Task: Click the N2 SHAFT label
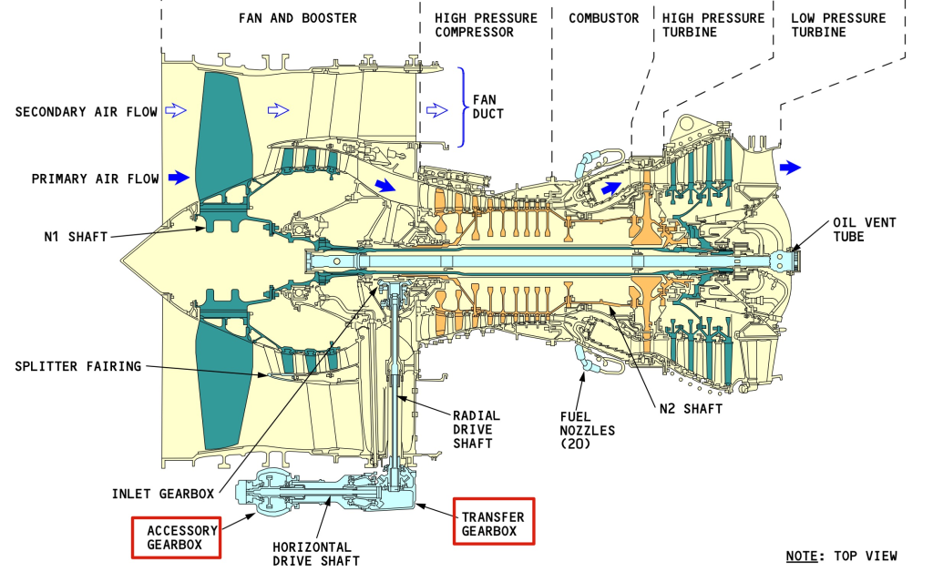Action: [x=691, y=409]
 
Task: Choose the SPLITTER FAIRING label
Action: [x=78, y=366]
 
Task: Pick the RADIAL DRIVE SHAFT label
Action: [x=477, y=429]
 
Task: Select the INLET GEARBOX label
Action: [x=162, y=494]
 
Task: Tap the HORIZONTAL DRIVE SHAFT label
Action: [x=316, y=554]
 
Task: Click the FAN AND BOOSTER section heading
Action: [x=298, y=18]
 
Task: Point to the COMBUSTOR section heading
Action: [x=603, y=18]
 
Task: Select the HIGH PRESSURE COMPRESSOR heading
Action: [x=487, y=25]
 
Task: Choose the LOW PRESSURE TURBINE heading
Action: [x=838, y=25]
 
